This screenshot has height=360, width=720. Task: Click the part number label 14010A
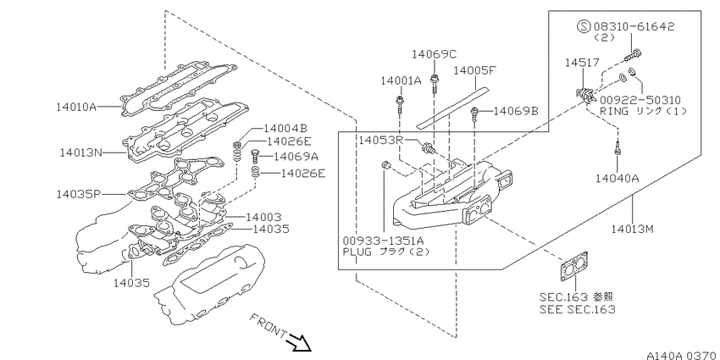tap(76, 108)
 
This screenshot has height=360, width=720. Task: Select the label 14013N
tap(80, 152)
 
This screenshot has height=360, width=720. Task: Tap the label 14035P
tap(78, 194)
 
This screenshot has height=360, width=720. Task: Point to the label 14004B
tap(285, 129)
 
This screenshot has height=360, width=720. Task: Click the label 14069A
tap(296, 157)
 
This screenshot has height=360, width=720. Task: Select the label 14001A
tap(401, 81)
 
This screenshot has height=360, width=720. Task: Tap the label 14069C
tap(434, 54)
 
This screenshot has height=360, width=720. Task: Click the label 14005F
tap(475, 70)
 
